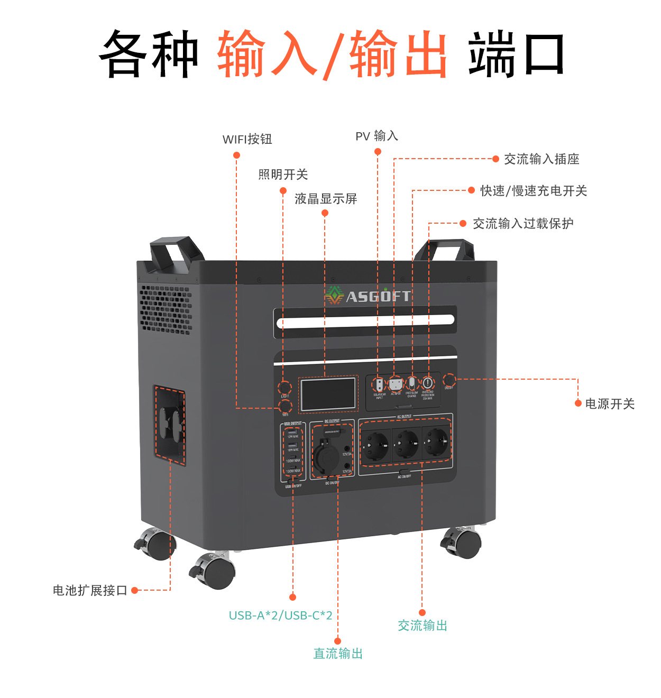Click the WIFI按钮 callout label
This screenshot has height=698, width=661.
(x=247, y=139)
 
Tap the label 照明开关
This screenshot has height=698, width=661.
(x=283, y=174)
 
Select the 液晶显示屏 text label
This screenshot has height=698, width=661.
(x=326, y=199)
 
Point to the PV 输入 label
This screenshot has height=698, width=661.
(x=377, y=136)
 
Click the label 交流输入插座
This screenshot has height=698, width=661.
(x=541, y=159)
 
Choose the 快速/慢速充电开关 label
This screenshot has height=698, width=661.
(x=534, y=191)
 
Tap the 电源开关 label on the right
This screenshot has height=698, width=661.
(x=610, y=404)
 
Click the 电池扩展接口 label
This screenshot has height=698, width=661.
(x=90, y=591)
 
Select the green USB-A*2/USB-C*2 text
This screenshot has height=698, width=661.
(x=280, y=616)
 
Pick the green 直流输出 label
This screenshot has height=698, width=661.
(x=338, y=654)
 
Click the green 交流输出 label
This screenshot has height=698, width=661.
(x=423, y=626)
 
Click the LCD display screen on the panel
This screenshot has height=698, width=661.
(x=327, y=394)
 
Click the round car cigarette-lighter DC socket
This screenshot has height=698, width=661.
(x=325, y=456)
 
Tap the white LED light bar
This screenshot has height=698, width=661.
(x=365, y=320)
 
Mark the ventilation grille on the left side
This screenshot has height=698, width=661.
(x=166, y=310)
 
